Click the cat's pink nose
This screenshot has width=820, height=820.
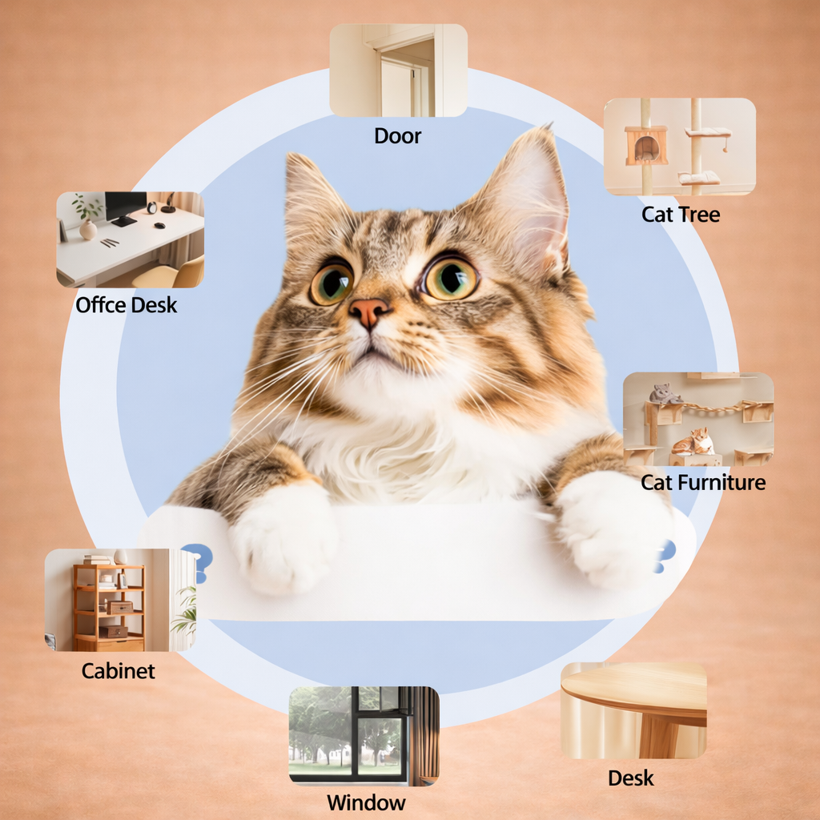point(369,310)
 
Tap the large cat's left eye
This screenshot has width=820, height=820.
point(332,283)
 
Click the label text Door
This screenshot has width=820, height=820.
point(398,135)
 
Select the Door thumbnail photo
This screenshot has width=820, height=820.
point(398,70)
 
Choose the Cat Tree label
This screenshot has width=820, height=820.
point(681,214)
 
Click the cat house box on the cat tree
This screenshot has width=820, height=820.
point(646,145)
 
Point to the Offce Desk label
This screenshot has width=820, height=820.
point(127,304)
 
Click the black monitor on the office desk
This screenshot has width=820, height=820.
point(125,207)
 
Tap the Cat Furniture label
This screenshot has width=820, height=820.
point(703,482)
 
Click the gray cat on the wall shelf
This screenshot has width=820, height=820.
point(664,393)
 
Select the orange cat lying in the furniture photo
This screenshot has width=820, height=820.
point(693,441)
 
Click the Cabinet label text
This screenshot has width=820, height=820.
point(119,670)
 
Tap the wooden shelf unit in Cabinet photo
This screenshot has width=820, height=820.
point(109,607)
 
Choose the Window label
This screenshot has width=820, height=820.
point(366,802)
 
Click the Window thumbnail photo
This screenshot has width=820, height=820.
point(364,735)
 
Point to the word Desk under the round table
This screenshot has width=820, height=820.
point(631,778)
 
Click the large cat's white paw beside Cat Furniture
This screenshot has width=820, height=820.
point(613,529)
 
